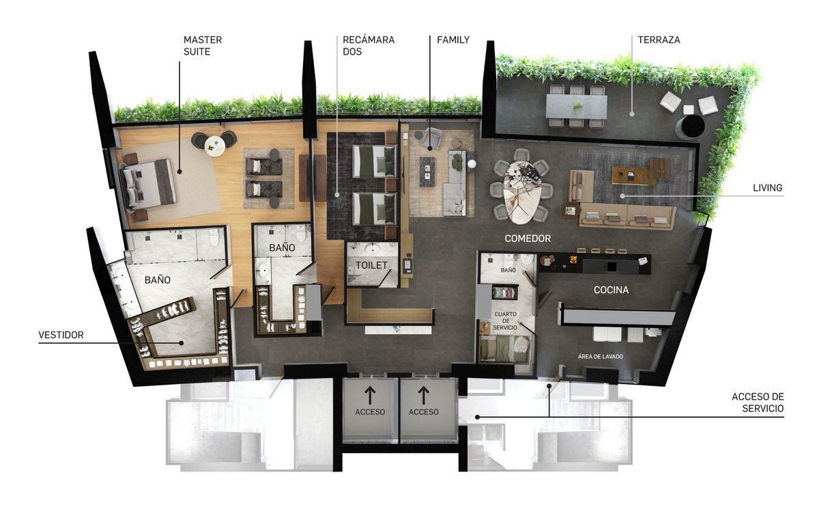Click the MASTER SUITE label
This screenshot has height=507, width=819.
coord(203,45)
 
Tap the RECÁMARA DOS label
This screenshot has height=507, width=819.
coord(369,45)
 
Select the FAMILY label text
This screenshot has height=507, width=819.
coord(453,40)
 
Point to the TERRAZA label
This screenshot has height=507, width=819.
coord(659,40)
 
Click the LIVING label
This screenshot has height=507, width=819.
coord(767,188)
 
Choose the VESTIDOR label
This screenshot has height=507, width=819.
coord(61,335)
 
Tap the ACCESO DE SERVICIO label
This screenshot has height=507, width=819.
coord(758,402)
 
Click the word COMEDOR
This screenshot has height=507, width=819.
coord(528,238)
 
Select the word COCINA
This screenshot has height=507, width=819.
coord(611,290)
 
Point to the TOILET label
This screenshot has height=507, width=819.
coord(371,265)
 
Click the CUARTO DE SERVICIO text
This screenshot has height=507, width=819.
coord(505,320)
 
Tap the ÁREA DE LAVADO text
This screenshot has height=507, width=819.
coord(601,356)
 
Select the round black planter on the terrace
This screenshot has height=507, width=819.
coord(690,127)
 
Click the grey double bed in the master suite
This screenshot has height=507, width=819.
coord(147,186)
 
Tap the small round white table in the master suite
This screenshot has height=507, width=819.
coord(214,146)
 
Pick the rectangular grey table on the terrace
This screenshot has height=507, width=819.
coord(577,107)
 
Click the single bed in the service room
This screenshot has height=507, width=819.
coord(504,348)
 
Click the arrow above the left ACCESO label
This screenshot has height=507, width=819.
coord(370,396)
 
